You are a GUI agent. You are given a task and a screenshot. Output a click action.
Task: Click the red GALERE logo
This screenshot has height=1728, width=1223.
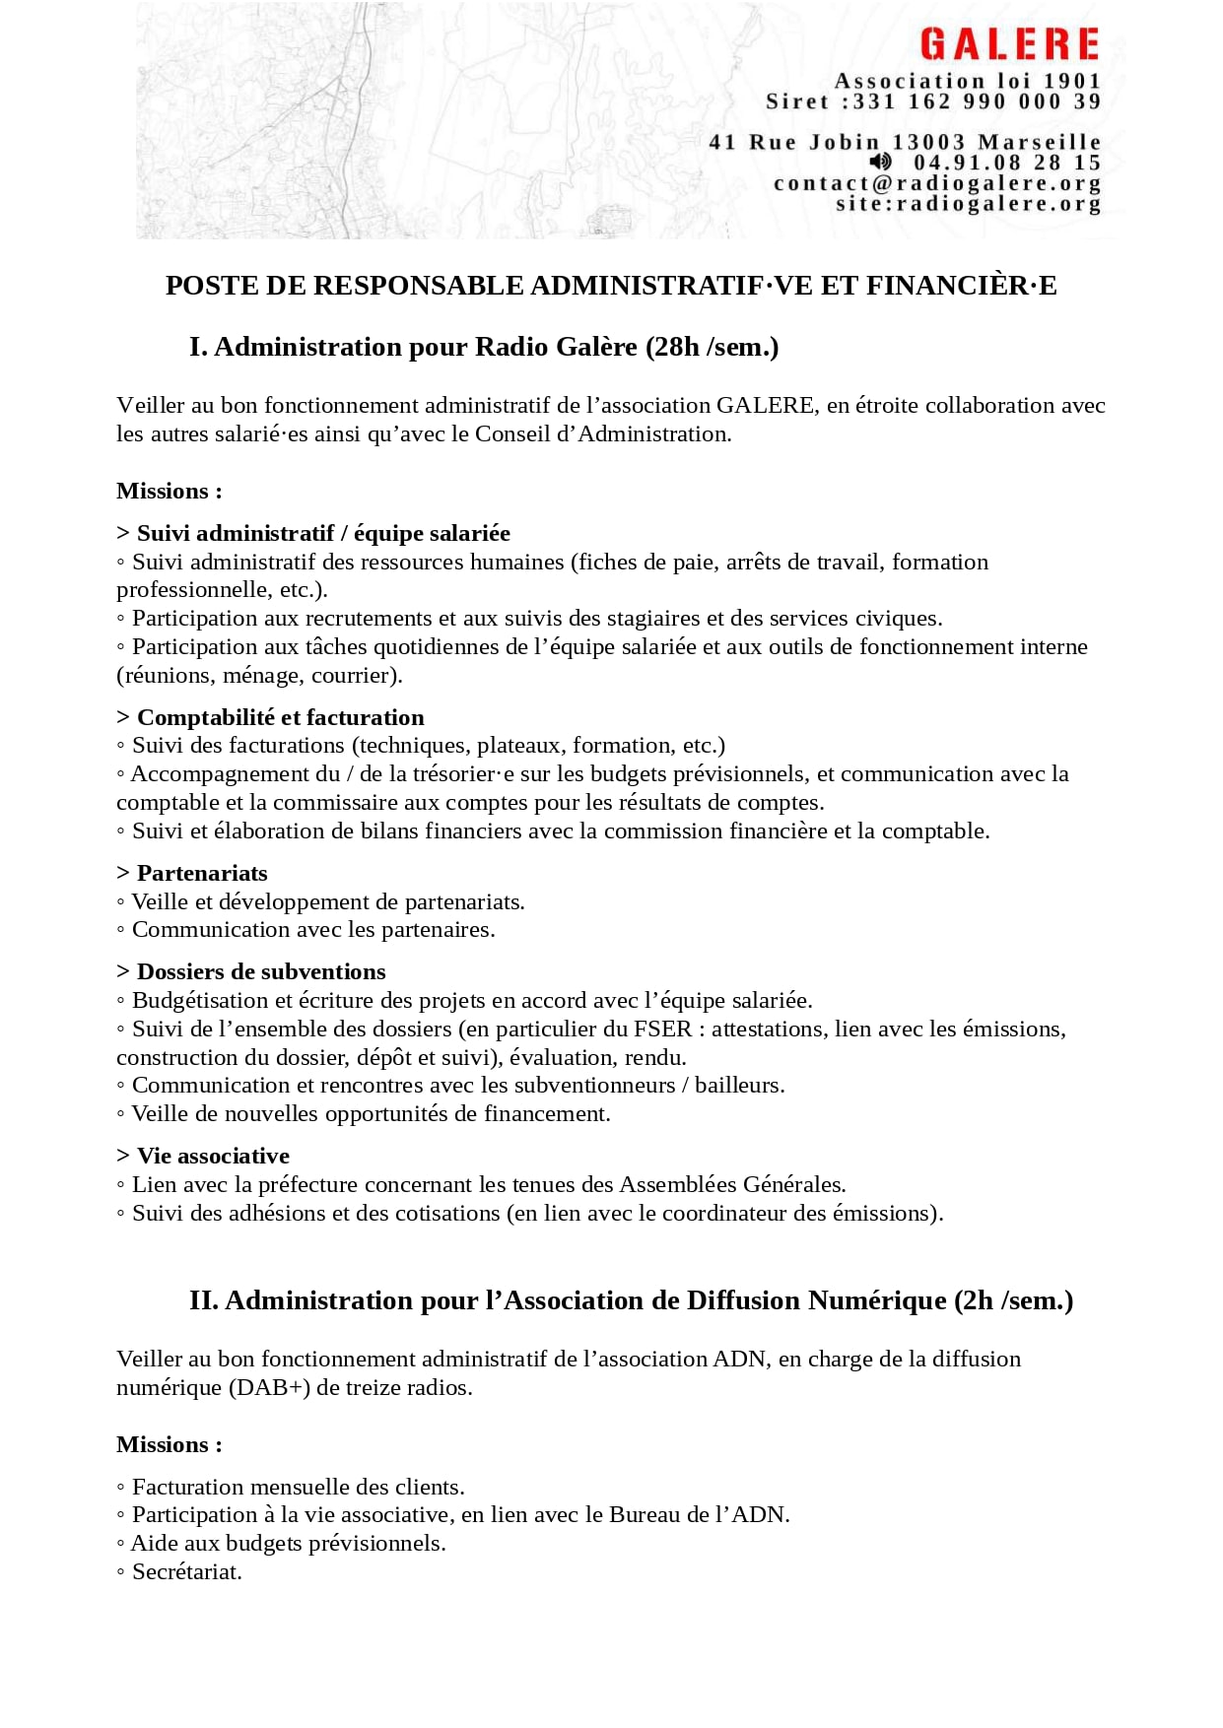coord(1009,44)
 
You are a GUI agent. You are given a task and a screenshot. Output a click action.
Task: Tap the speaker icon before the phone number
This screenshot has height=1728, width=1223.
coord(880,162)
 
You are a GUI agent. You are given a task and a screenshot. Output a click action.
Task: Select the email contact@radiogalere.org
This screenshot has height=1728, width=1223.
coord(937,183)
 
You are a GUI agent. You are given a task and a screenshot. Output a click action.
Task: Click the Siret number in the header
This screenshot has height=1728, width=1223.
coord(977,101)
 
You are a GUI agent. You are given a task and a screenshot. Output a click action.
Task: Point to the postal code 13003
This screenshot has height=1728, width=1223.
coord(929,142)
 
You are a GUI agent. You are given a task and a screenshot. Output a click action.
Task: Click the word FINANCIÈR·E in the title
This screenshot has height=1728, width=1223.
coord(961,286)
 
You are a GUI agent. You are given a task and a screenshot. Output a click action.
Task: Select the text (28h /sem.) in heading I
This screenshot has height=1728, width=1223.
coord(713,347)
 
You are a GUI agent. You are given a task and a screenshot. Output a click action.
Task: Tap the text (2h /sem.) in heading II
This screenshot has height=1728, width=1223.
coord(1014,1300)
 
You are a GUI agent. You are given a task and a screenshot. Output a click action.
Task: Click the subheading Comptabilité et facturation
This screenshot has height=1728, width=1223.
coord(280,717)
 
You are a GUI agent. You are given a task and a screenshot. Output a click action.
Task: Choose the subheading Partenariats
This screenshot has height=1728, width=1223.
coord(202,873)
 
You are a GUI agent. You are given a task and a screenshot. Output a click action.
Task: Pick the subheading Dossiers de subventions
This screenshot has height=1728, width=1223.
coord(261,971)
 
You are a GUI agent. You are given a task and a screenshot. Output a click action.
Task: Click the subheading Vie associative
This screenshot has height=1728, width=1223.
coord(213,1156)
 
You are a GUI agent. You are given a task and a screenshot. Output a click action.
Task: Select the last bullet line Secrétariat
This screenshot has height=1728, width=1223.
coord(186,1571)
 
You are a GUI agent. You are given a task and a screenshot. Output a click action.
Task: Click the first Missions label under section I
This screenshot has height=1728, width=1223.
coord(169,491)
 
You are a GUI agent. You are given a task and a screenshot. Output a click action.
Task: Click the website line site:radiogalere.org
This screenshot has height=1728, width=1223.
coord(968,204)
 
